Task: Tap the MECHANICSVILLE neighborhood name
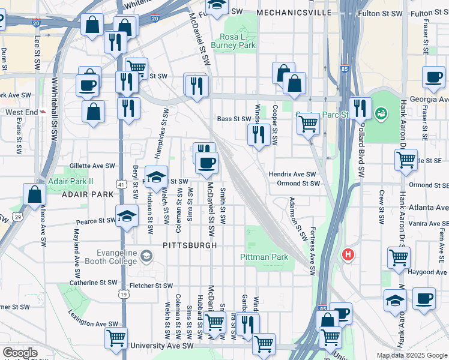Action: tap(294, 12)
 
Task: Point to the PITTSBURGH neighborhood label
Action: tap(188, 245)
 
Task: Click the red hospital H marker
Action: tap(348, 255)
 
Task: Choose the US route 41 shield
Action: tap(122, 183)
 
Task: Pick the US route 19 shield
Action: tap(123, 295)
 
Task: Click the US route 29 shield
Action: tap(19, 216)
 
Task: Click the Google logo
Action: tap(20, 353)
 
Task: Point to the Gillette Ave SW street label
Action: tap(92, 166)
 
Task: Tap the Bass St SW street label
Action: tap(234, 119)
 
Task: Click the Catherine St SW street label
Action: tap(93, 282)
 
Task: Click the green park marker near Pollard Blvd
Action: tap(381, 113)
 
